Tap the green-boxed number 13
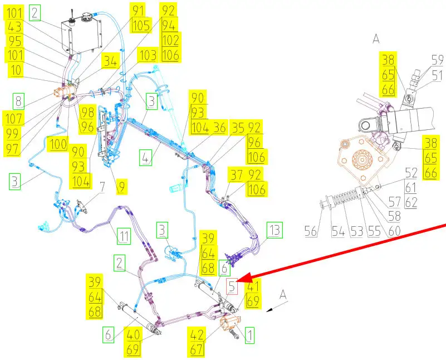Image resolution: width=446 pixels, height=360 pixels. pos(274,229)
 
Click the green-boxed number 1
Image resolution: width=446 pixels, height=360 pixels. pos(249,335)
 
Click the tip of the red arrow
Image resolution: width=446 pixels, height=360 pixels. pos(243,277)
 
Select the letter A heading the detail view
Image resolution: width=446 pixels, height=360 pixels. pos(375,38)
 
